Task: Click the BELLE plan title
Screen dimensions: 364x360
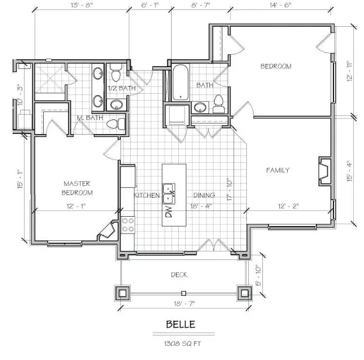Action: tap(181, 324)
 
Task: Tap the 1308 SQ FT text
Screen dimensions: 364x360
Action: tap(182, 343)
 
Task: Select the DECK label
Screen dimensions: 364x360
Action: tap(179, 275)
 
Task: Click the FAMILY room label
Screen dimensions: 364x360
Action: tap(278, 170)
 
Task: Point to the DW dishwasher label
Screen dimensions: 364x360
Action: tap(169, 212)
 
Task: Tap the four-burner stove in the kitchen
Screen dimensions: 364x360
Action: tap(128, 224)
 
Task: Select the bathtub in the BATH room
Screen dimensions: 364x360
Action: tap(180, 83)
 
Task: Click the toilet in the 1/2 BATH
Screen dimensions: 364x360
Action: tap(116, 72)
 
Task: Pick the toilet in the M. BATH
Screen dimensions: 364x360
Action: tap(116, 124)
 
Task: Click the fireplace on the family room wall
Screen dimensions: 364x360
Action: tap(325, 171)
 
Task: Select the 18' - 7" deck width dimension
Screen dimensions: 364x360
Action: tap(184, 303)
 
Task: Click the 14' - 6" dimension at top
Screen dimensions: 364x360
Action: tap(280, 5)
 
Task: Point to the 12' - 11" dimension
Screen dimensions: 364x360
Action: tap(349, 70)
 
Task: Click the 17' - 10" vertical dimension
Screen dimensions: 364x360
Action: tap(229, 189)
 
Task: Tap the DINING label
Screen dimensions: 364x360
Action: tap(204, 195)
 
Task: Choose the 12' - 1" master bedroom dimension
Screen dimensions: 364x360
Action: tap(76, 206)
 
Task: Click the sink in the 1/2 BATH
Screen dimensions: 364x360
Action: tap(117, 104)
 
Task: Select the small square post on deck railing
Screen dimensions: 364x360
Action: tap(184, 293)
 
